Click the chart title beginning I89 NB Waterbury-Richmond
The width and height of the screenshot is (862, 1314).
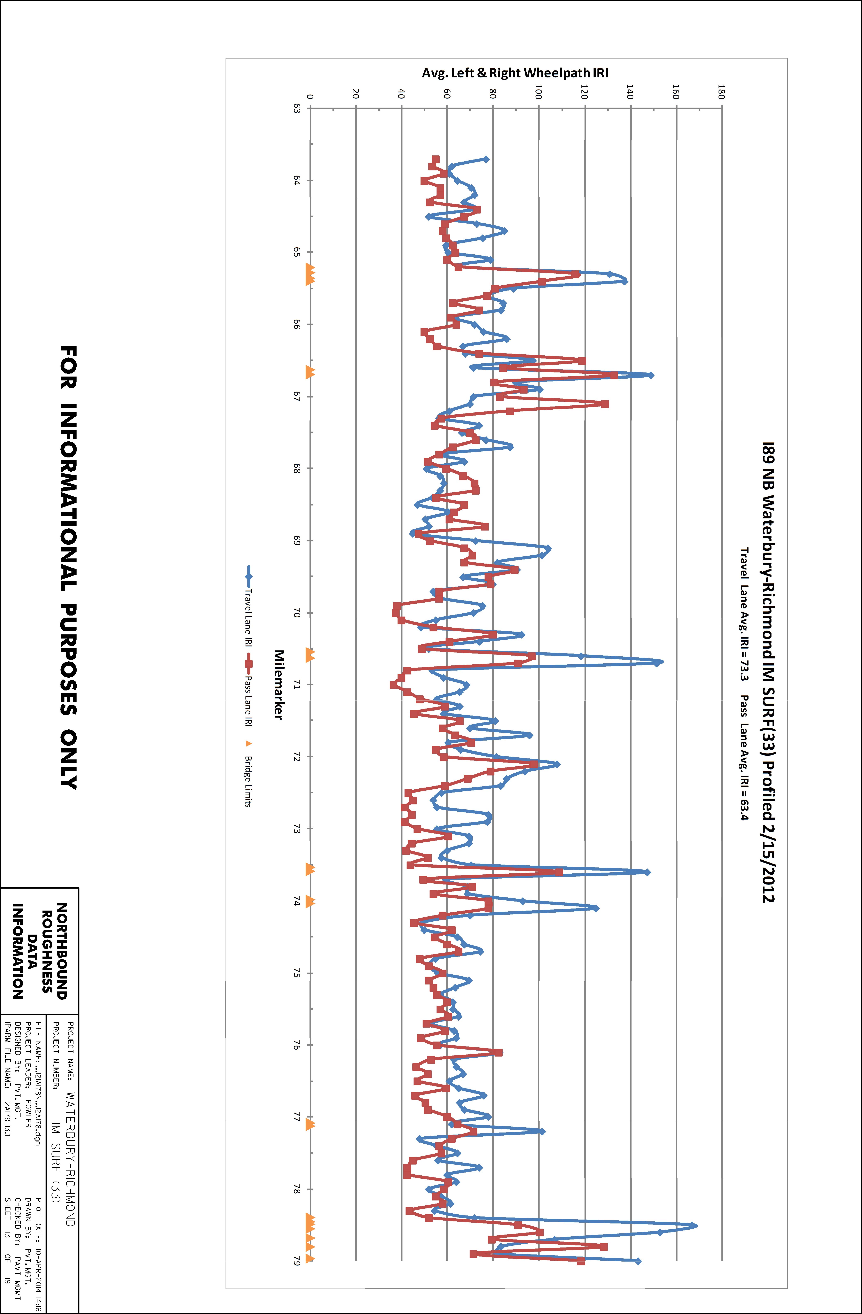pyautogui.click(x=768, y=672)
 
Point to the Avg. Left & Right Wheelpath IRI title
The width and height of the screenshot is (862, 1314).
pyautogui.click(x=515, y=73)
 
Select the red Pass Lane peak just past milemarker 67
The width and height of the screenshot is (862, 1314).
pyautogui.click(x=605, y=404)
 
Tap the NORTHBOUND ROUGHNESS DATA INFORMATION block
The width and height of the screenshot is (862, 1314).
pyautogui.click(x=40, y=951)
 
